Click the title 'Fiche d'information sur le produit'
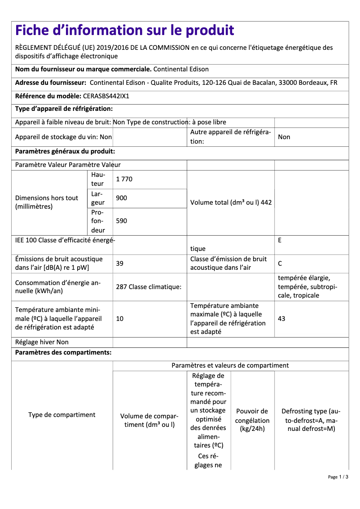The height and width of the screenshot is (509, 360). pos(124,31)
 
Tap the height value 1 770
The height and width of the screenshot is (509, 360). pos(124,179)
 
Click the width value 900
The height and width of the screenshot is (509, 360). pos(121,198)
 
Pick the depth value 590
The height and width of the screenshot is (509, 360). pos(121,220)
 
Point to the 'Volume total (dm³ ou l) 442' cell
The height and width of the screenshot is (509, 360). pos(231,202)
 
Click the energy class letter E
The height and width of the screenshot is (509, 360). pos(280,240)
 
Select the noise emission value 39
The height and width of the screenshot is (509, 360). pos(119,263)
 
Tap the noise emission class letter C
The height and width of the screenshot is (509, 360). pos(280,263)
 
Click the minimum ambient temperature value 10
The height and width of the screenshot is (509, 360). pos(119,319)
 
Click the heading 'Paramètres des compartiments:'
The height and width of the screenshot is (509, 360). pos(63,352)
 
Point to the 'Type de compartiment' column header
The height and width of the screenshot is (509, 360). pos(62,415)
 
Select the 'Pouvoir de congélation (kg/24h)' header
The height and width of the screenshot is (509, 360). pos(252,420)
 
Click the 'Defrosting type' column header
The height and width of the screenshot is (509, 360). pos(311,420)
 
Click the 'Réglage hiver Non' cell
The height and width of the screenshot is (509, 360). pos(42,342)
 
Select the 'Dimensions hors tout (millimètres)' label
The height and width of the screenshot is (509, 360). pos(47,202)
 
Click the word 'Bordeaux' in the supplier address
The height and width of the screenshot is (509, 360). pos(310,83)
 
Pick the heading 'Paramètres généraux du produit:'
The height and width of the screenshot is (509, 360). pos(65,152)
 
